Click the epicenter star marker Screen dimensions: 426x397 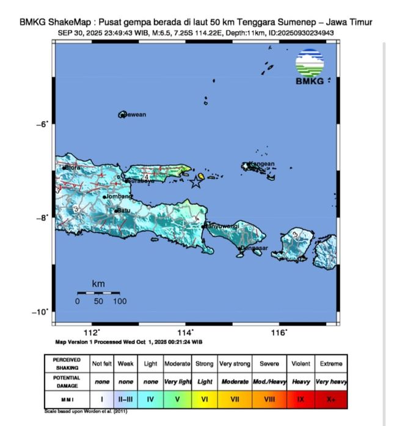pos(196,182)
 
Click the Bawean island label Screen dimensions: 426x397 pos(134,114)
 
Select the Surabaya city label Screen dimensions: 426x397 pos(140,181)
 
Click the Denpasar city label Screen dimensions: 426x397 pos(254,248)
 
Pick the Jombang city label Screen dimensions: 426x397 pos(118,197)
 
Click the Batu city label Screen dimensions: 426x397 pos(124,211)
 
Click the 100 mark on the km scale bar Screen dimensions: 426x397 pos(120,301)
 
